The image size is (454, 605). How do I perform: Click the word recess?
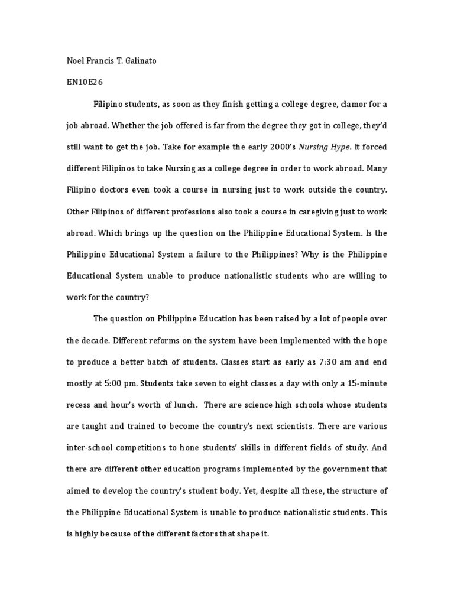[x=80, y=405]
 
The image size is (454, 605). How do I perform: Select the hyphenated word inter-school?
[x=93, y=447]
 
